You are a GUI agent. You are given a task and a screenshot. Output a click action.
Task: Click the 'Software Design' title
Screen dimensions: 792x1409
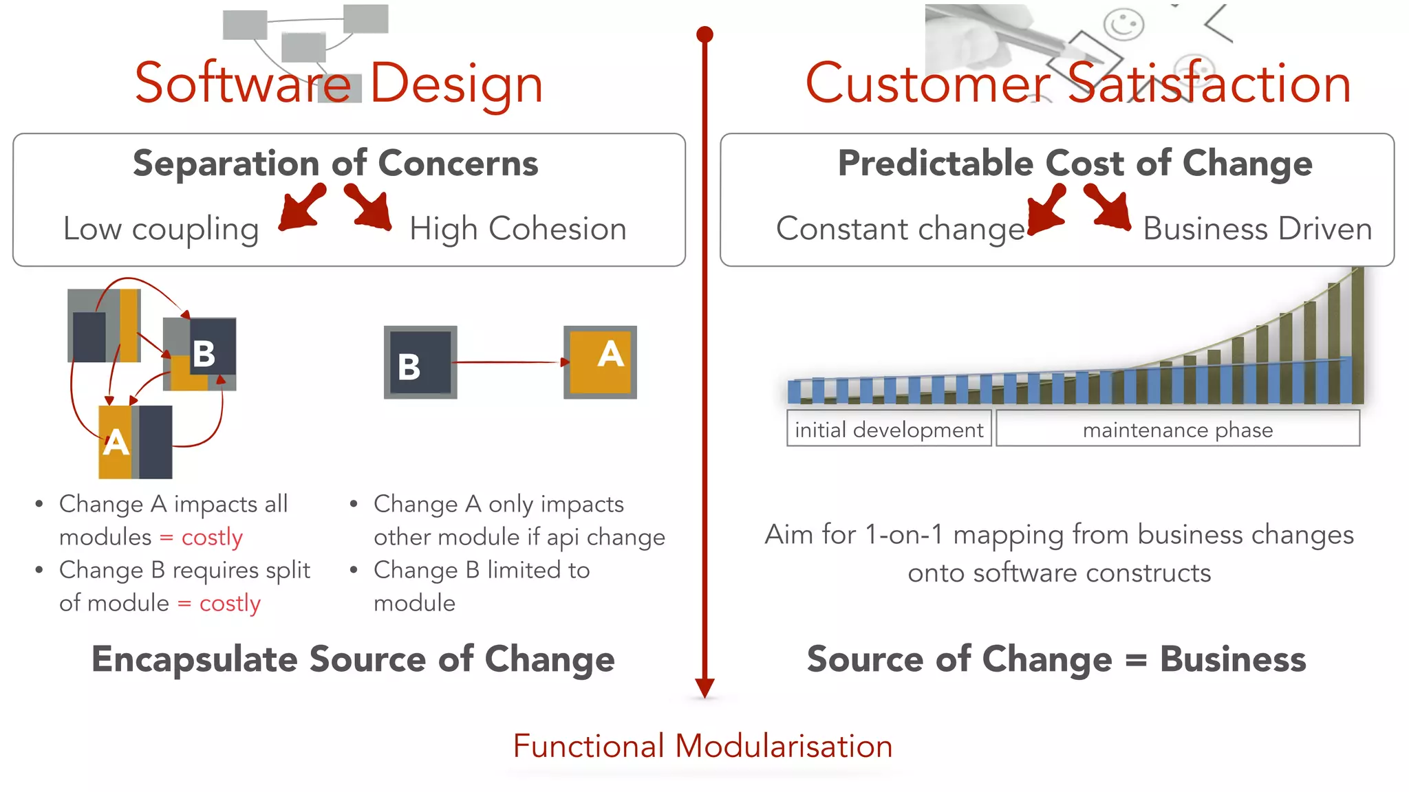point(338,83)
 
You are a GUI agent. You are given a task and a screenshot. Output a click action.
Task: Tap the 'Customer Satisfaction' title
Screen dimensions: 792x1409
point(1077,83)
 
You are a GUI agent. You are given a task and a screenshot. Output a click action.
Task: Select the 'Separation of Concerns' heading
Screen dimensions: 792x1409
point(335,164)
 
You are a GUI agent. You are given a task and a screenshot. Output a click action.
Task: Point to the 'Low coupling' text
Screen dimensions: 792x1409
point(161,229)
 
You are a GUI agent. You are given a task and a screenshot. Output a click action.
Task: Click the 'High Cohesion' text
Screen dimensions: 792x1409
point(517,229)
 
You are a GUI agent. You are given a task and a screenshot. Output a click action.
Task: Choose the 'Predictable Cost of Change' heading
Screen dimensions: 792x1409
point(1075,164)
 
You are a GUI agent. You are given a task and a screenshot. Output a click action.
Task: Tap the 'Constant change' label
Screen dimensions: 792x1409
point(900,229)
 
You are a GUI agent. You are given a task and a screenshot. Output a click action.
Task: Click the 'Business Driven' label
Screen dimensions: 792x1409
point(1257,229)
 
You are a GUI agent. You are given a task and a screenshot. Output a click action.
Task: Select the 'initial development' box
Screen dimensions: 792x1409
point(888,430)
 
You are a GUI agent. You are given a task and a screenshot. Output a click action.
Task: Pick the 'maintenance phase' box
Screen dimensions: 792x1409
point(1177,430)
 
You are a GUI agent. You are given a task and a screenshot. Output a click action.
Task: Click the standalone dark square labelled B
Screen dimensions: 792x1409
point(420,362)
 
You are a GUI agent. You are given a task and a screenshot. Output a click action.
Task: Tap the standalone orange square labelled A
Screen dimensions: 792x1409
point(601,362)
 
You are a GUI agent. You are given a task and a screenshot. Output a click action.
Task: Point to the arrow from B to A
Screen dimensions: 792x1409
point(509,362)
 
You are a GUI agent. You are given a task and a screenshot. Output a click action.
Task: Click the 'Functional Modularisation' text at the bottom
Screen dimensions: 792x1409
point(702,747)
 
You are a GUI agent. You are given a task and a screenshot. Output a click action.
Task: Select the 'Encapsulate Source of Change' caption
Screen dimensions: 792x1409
point(353,659)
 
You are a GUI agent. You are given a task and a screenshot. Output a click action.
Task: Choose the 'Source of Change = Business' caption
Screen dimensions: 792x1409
point(1056,659)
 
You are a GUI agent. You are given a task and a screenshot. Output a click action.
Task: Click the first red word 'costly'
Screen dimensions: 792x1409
point(212,537)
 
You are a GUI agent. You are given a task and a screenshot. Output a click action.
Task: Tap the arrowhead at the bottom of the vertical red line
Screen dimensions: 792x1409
point(704,687)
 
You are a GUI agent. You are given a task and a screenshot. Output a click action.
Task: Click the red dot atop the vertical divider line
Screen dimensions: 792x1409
point(704,34)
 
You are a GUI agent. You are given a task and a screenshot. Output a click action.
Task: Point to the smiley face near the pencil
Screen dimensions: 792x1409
point(1123,25)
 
